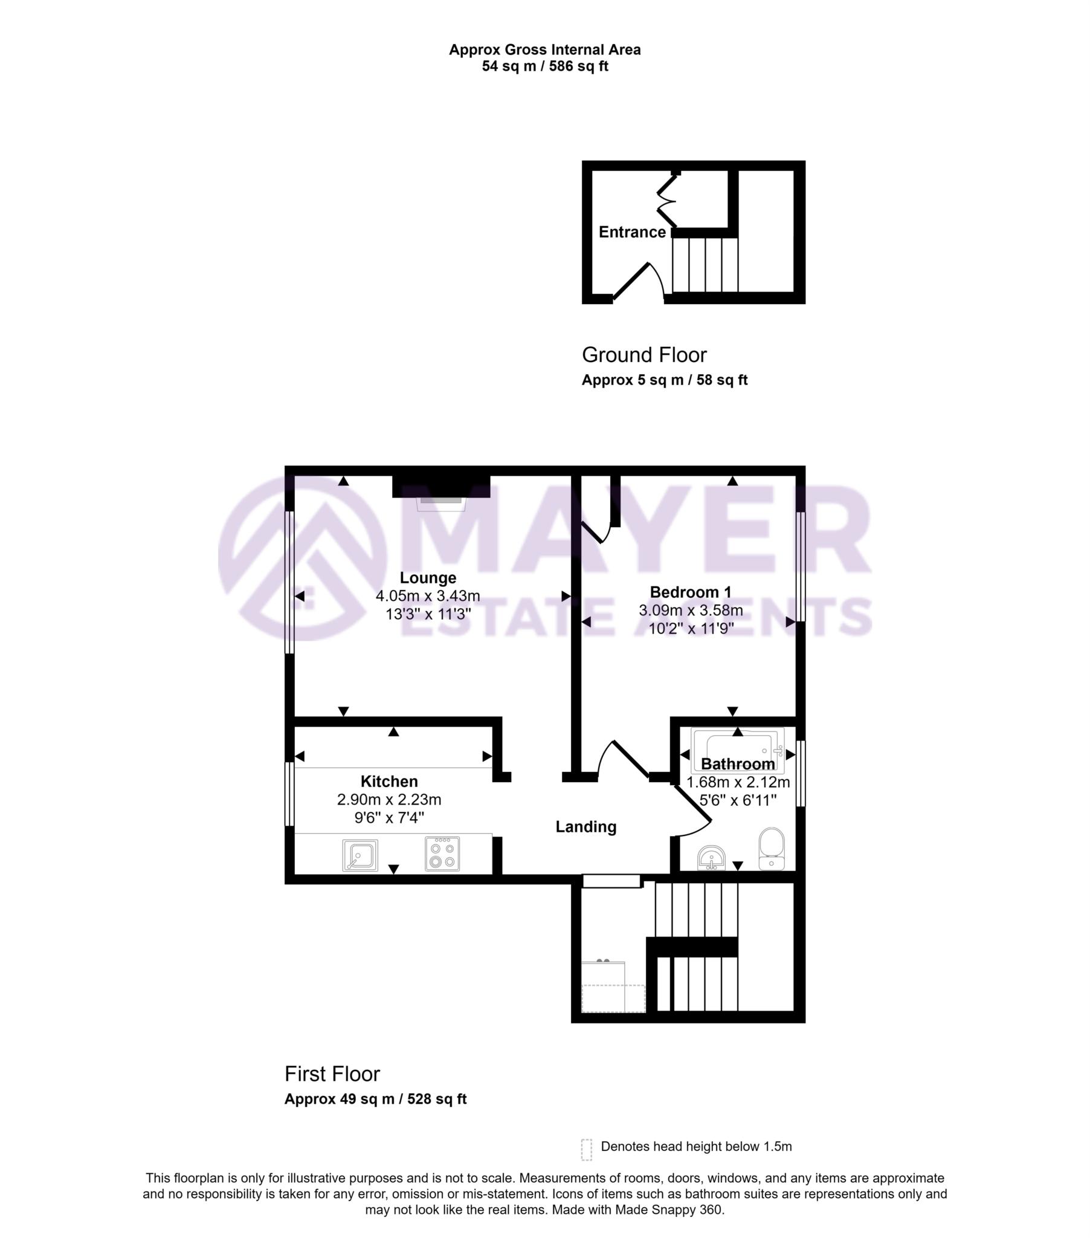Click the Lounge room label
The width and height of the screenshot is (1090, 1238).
click(428, 578)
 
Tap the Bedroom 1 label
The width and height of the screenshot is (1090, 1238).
click(691, 592)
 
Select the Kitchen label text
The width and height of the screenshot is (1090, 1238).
click(389, 782)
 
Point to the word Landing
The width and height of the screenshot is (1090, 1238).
click(585, 827)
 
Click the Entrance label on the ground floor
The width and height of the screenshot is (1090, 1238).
click(631, 232)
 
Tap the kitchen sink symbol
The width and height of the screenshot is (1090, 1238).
click(360, 855)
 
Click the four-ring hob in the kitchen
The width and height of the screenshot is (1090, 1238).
click(442, 854)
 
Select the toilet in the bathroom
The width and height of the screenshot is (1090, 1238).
click(771, 848)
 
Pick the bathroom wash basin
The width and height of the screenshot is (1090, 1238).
click(711, 858)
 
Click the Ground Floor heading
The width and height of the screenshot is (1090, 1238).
click(643, 355)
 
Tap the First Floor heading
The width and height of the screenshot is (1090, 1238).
click(332, 1074)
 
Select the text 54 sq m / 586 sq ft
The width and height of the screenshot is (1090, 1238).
click(544, 66)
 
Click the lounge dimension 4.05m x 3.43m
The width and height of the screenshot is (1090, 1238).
click(428, 596)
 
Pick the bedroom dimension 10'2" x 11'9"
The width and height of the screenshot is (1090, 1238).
click(691, 629)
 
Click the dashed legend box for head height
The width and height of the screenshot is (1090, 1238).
click(586, 1149)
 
